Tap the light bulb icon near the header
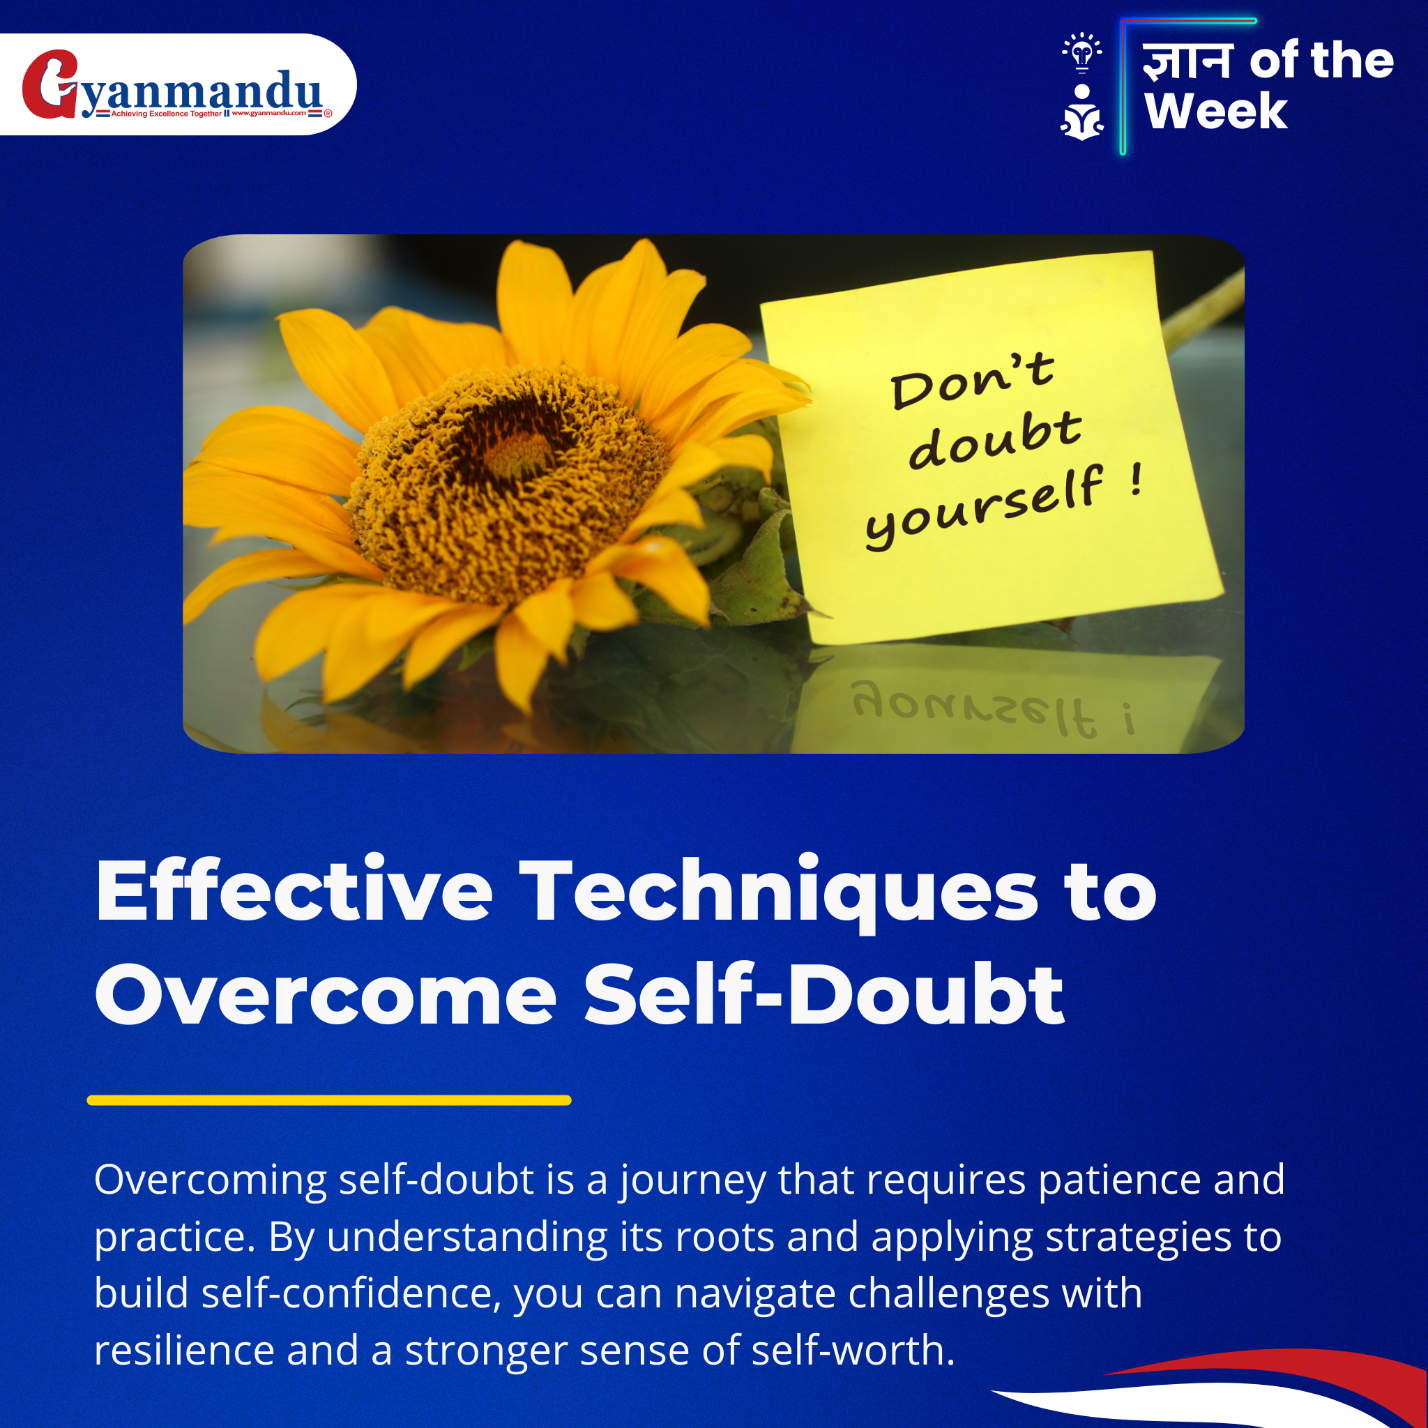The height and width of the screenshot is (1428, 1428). point(1082,52)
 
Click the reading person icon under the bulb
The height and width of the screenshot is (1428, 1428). point(1082,112)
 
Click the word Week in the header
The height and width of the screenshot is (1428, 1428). point(1216,111)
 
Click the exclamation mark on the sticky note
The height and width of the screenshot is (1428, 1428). point(1137,480)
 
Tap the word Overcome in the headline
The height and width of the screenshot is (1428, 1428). point(325,995)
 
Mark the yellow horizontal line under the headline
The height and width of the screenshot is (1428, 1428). point(329,1100)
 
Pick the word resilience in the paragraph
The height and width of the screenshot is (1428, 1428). point(184,1350)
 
